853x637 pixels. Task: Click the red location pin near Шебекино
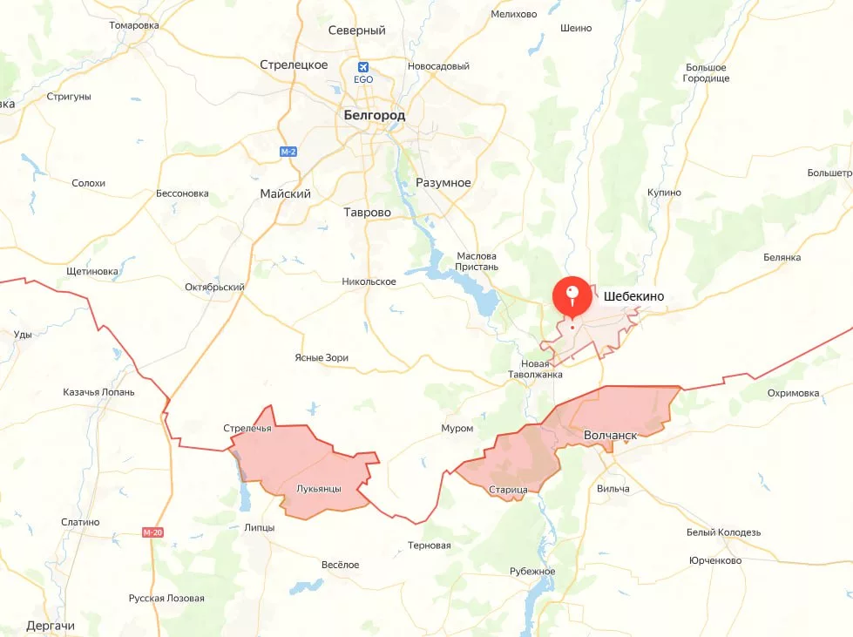click(572, 295)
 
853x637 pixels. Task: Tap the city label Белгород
click(375, 114)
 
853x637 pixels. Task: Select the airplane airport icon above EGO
click(363, 67)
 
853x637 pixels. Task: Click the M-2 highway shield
click(288, 152)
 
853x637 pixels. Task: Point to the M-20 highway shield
click(152, 532)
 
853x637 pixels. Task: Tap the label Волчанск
click(611, 434)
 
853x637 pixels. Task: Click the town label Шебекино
click(633, 296)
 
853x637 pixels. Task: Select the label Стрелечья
click(247, 428)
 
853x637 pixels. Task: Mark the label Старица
click(508, 490)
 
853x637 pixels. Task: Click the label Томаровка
click(134, 25)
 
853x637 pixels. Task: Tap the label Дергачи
click(51, 626)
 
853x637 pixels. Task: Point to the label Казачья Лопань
click(99, 392)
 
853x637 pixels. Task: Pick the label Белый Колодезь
click(723, 532)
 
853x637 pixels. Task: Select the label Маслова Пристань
click(477, 261)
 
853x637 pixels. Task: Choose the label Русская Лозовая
click(166, 599)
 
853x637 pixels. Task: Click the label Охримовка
click(793, 393)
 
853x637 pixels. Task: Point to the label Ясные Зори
click(322, 358)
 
